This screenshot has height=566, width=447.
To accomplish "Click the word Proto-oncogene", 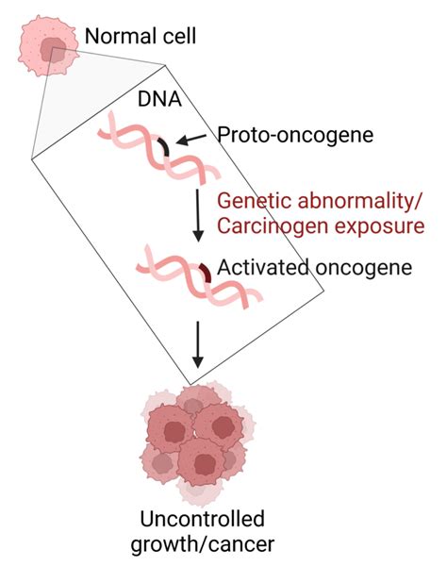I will point(294,135).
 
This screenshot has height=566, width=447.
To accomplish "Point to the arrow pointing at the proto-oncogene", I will point(193,141).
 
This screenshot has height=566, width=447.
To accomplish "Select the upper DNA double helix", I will point(157,151).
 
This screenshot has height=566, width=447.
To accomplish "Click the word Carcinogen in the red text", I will point(266,226).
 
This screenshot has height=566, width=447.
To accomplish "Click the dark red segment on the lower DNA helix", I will point(204,274).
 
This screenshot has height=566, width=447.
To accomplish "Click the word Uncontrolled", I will point(200,519).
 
